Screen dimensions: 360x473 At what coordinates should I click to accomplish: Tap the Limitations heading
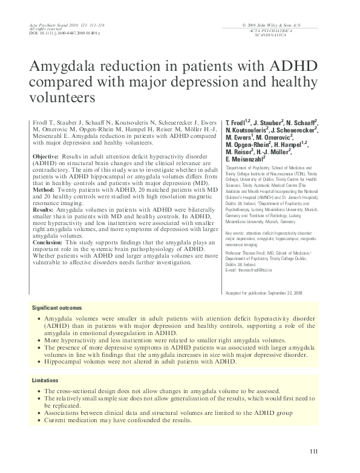point(45,381)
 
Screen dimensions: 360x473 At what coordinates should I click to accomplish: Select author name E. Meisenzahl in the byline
point(247,158)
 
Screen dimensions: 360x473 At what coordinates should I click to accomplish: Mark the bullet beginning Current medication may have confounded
point(110,419)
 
